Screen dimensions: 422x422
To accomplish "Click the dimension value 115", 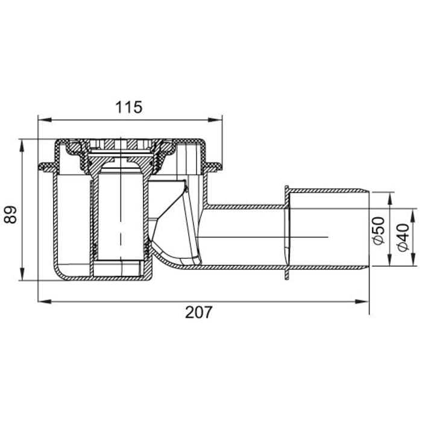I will [x=128, y=107].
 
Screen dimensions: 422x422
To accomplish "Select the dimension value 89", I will [x=10, y=215].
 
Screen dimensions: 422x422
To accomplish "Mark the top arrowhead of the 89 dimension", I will [x=22, y=143].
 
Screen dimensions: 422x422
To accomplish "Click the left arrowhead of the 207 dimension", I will [x=41, y=301].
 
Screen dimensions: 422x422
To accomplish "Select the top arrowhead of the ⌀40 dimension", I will [x=414, y=212].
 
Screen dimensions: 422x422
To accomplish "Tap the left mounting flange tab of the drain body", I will [x=45, y=166].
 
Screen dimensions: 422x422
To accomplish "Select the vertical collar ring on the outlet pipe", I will [x=287, y=232].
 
